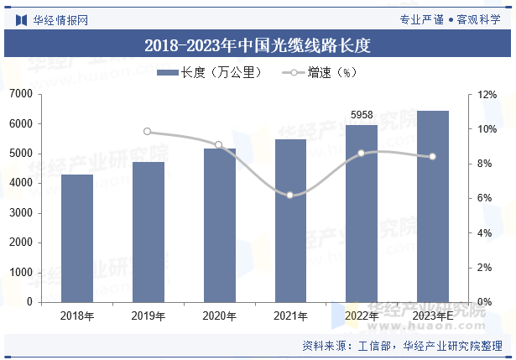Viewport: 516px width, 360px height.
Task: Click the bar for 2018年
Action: point(77,238)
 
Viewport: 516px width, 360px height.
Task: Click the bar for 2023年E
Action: point(433,206)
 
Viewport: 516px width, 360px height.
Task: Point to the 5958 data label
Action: point(362,115)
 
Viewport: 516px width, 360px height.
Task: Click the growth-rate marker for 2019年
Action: point(148,132)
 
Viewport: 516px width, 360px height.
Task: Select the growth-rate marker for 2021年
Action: point(290,195)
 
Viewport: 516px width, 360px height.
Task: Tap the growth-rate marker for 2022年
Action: point(362,154)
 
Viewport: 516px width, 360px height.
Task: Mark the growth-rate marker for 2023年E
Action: point(433,156)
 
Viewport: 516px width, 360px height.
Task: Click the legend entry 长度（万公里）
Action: point(210,73)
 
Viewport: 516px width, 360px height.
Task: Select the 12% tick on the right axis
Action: point(487,95)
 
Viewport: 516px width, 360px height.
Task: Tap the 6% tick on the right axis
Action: point(485,198)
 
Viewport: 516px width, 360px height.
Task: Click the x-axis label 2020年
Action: point(219,316)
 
